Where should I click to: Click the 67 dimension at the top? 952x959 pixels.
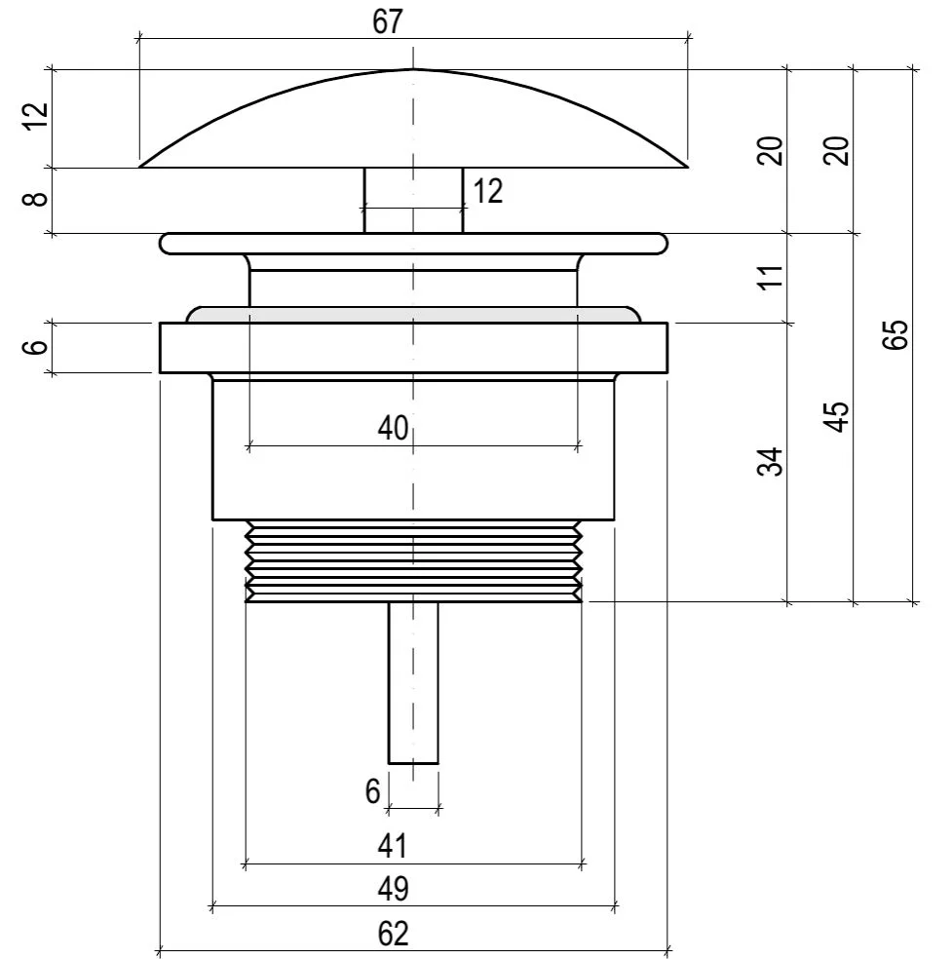(x=388, y=21)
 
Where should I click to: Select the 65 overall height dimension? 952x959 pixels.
(x=895, y=334)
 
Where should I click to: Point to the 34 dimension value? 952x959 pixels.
(x=771, y=462)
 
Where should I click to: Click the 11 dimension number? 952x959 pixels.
(x=771, y=277)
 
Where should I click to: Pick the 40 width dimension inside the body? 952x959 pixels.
(x=393, y=428)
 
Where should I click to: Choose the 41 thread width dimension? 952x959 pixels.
(x=392, y=847)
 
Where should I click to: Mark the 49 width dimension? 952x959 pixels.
(x=393, y=889)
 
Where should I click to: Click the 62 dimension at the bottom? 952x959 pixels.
(x=393, y=934)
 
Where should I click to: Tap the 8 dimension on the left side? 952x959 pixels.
(x=35, y=199)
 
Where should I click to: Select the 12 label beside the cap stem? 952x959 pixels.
(x=488, y=191)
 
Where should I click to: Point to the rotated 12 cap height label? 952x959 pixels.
(x=35, y=116)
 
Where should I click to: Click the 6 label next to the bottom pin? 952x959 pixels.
(x=372, y=791)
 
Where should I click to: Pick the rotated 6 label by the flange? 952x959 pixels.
(x=35, y=347)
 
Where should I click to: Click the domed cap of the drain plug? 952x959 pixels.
(x=414, y=118)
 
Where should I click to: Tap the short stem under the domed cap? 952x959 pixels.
(x=413, y=200)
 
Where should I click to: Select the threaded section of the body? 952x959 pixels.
(x=413, y=560)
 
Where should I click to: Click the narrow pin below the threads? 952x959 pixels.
(x=413, y=683)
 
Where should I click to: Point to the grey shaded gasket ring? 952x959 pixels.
(x=413, y=315)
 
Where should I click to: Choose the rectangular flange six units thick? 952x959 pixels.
(x=413, y=347)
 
